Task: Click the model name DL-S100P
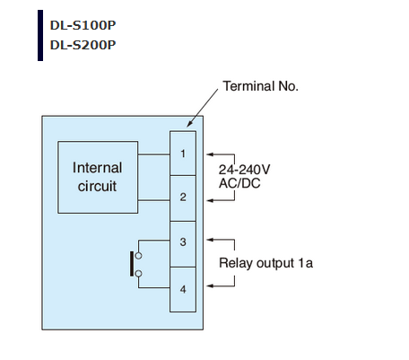click(83, 25)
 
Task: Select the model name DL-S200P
click(83, 45)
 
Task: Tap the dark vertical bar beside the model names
click(40, 35)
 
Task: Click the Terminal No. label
click(260, 86)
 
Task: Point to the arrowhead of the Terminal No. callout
click(189, 124)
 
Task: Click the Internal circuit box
click(98, 177)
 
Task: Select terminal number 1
click(183, 154)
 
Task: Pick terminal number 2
click(183, 197)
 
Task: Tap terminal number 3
click(183, 241)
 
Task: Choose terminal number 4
click(183, 289)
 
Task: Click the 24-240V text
click(244, 170)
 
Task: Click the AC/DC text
click(239, 183)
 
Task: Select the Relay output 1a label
click(266, 263)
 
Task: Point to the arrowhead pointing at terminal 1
click(210, 154)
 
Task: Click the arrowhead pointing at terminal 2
click(210, 200)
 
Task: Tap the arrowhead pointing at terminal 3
click(210, 240)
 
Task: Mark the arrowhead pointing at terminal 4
click(210, 285)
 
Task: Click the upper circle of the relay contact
click(138, 256)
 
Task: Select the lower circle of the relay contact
click(138, 274)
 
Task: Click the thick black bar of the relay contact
click(132, 264)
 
